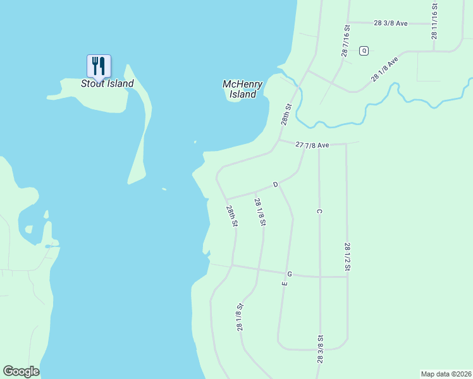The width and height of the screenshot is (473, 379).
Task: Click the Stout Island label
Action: coord(107,83)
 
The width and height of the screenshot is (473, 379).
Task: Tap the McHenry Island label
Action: coord(243,89)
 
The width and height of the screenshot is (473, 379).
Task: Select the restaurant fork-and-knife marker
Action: coord(99,66)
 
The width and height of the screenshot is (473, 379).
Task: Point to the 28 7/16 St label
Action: coord(346,42)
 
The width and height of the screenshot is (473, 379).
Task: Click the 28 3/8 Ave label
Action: coord(391,23)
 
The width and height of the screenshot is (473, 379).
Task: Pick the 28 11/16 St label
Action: coord(434,21)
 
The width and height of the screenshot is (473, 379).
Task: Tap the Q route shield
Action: coord(364,51)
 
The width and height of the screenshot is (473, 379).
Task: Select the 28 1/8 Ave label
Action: coord(384,69)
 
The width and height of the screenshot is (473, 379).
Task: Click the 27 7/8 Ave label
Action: coord(312,145)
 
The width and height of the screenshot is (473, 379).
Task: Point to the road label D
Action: coord(276,184)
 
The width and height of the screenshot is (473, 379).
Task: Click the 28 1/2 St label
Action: coord(347,256)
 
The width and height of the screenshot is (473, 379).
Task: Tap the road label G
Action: coord(289,274)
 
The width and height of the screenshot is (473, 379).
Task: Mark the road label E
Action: coord(285,284)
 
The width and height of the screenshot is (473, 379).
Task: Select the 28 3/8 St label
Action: coord(321,349)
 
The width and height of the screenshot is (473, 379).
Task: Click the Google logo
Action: coord(21,371)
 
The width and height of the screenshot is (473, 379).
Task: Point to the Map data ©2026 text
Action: coord(446,374)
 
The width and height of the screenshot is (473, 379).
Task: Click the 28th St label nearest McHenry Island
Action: coord(288,114)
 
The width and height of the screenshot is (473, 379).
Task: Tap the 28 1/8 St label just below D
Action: coord(259,212)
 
